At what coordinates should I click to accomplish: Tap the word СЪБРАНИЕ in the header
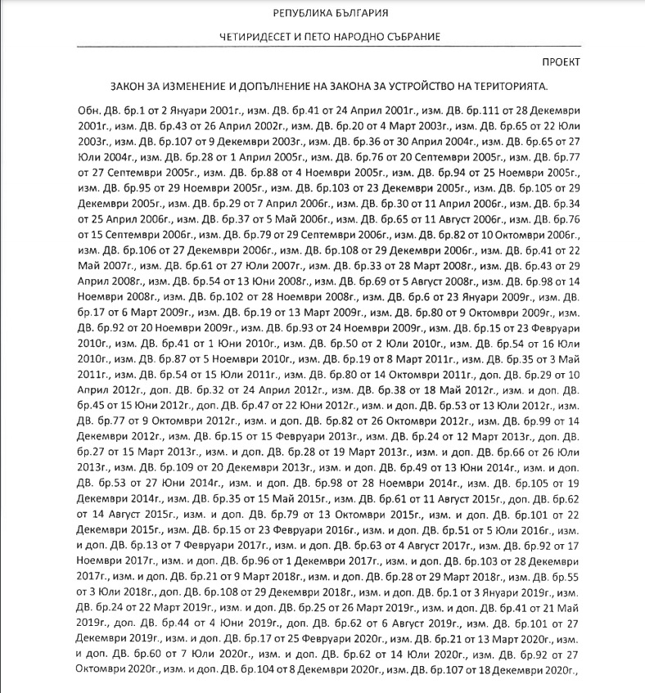click(411, 38)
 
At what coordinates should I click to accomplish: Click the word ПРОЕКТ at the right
click(561, 62)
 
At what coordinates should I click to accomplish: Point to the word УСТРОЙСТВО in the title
click(422, 86)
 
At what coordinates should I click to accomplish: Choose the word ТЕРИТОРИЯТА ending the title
click(508, 86)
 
